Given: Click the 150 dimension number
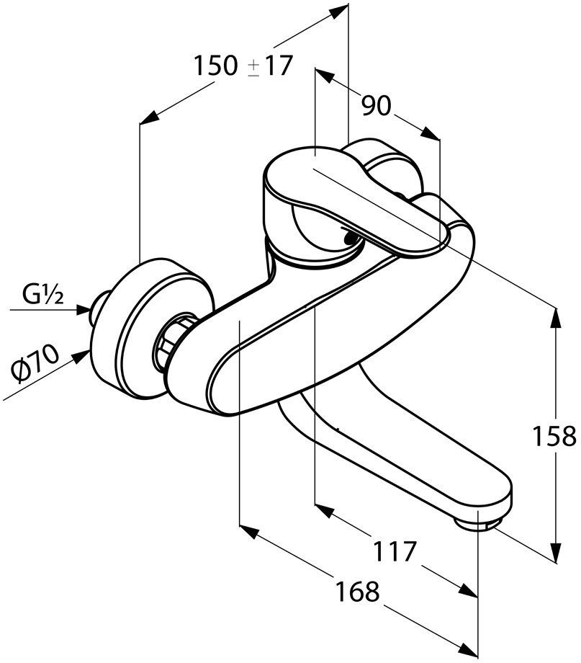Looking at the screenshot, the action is (x=215, y=66).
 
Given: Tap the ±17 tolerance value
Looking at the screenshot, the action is (x=270, y=66).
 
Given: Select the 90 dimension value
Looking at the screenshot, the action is (x=377, y=105).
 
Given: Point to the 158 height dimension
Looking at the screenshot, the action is (x=554, y=436).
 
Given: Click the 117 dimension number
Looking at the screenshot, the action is (x=394, y=551).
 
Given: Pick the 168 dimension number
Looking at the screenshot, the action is (x=357, y=591).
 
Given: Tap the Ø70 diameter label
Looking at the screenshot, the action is (x=35, y=363).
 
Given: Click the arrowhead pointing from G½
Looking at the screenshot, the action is (x=84, y=310).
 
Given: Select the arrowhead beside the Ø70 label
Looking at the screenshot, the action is (x=81, y=357).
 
